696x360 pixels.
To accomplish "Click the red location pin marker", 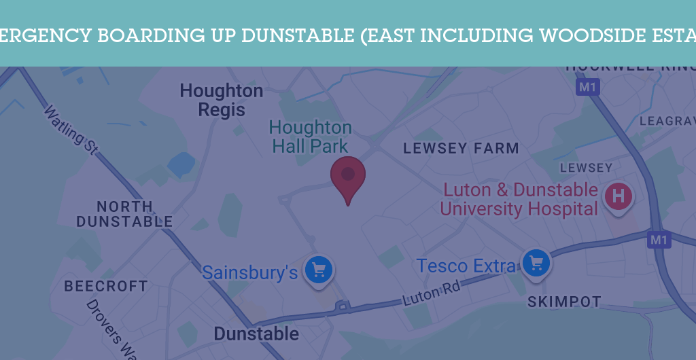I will pyautogui.click(x=348, y=176).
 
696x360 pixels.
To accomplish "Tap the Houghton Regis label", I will pyautogui.click(x=222, y=100).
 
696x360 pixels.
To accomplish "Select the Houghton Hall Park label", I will pyautogui.click(x=311, y=137).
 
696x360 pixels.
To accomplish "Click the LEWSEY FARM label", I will pyautogui.click(x=461, y=148).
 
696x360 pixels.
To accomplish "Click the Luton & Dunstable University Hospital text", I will pyautogui.click(x=519, y=199).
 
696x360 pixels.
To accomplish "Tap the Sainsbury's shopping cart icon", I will pyautogui.click(x=319, y=269).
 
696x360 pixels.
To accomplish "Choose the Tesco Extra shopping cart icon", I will pyautogui.click(x=536, y=262).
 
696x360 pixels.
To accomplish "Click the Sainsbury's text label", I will pyautogui.click(x=250, y=272).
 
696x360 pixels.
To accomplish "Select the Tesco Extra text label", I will pyautogui.click(x=466, y=266).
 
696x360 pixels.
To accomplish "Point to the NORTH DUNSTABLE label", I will pyautogui.click(x=125, y=214).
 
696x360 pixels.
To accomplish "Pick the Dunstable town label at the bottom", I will pyautogui.click(x=256, y=334).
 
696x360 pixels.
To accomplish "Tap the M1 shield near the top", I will pyautogui.click(x=587, y=87).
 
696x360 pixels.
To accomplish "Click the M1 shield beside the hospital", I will pyautogui.click(x=659, y=240).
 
